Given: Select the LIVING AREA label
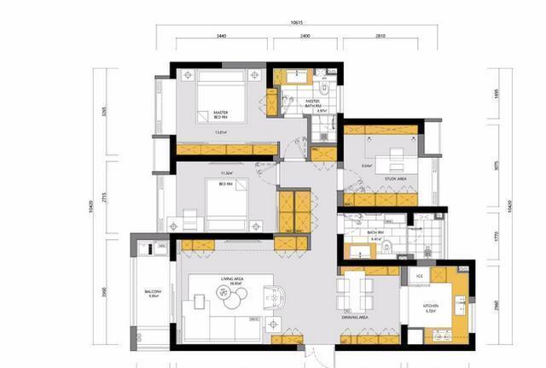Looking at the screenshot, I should tap(232, 280).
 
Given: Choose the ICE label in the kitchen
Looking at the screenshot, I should tap(420, 277).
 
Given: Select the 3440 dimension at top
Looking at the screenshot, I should tap(221, 37).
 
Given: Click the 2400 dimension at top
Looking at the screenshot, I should tap(305, 37).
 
